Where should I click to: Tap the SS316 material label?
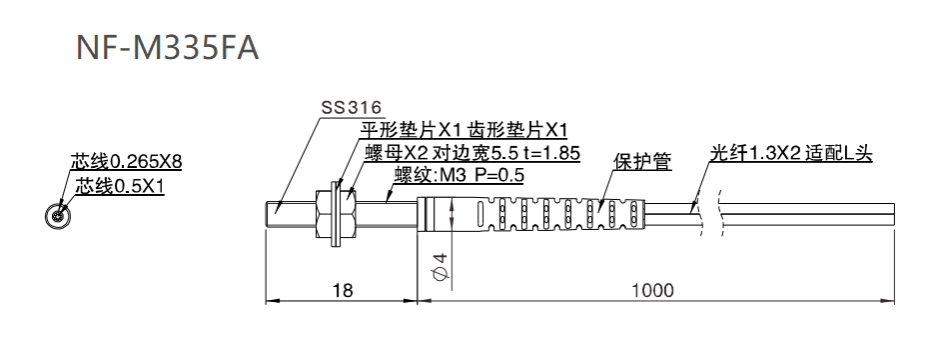351,109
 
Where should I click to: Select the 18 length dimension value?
343,290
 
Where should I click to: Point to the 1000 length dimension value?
652,290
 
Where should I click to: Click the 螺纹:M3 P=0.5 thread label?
459,176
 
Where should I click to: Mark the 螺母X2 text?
398,153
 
